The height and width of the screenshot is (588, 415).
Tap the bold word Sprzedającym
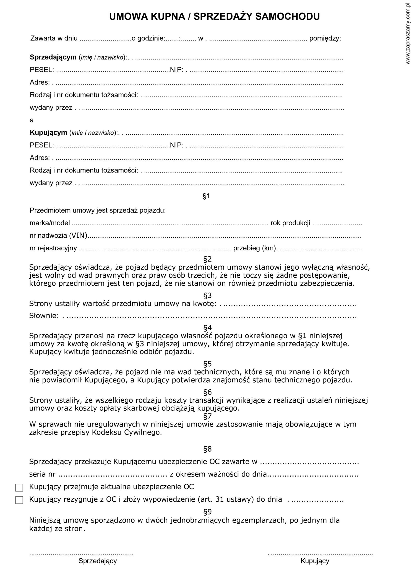point(53,57)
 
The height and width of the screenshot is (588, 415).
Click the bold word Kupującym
point(48,133)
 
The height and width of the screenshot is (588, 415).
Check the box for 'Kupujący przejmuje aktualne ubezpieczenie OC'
point(19,488)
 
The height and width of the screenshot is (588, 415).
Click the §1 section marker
point(206,196)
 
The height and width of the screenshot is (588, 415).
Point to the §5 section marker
point(207,364)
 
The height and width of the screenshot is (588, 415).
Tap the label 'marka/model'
point(50,223)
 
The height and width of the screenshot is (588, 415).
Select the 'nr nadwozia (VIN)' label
point(58,235)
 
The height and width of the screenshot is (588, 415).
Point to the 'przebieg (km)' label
point(255,248)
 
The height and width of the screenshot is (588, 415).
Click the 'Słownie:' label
point(44,316)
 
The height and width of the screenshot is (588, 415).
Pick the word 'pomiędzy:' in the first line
point(325,39)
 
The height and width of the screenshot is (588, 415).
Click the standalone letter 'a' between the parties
point(32,120)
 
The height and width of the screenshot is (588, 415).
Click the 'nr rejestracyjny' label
point(53,248)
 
